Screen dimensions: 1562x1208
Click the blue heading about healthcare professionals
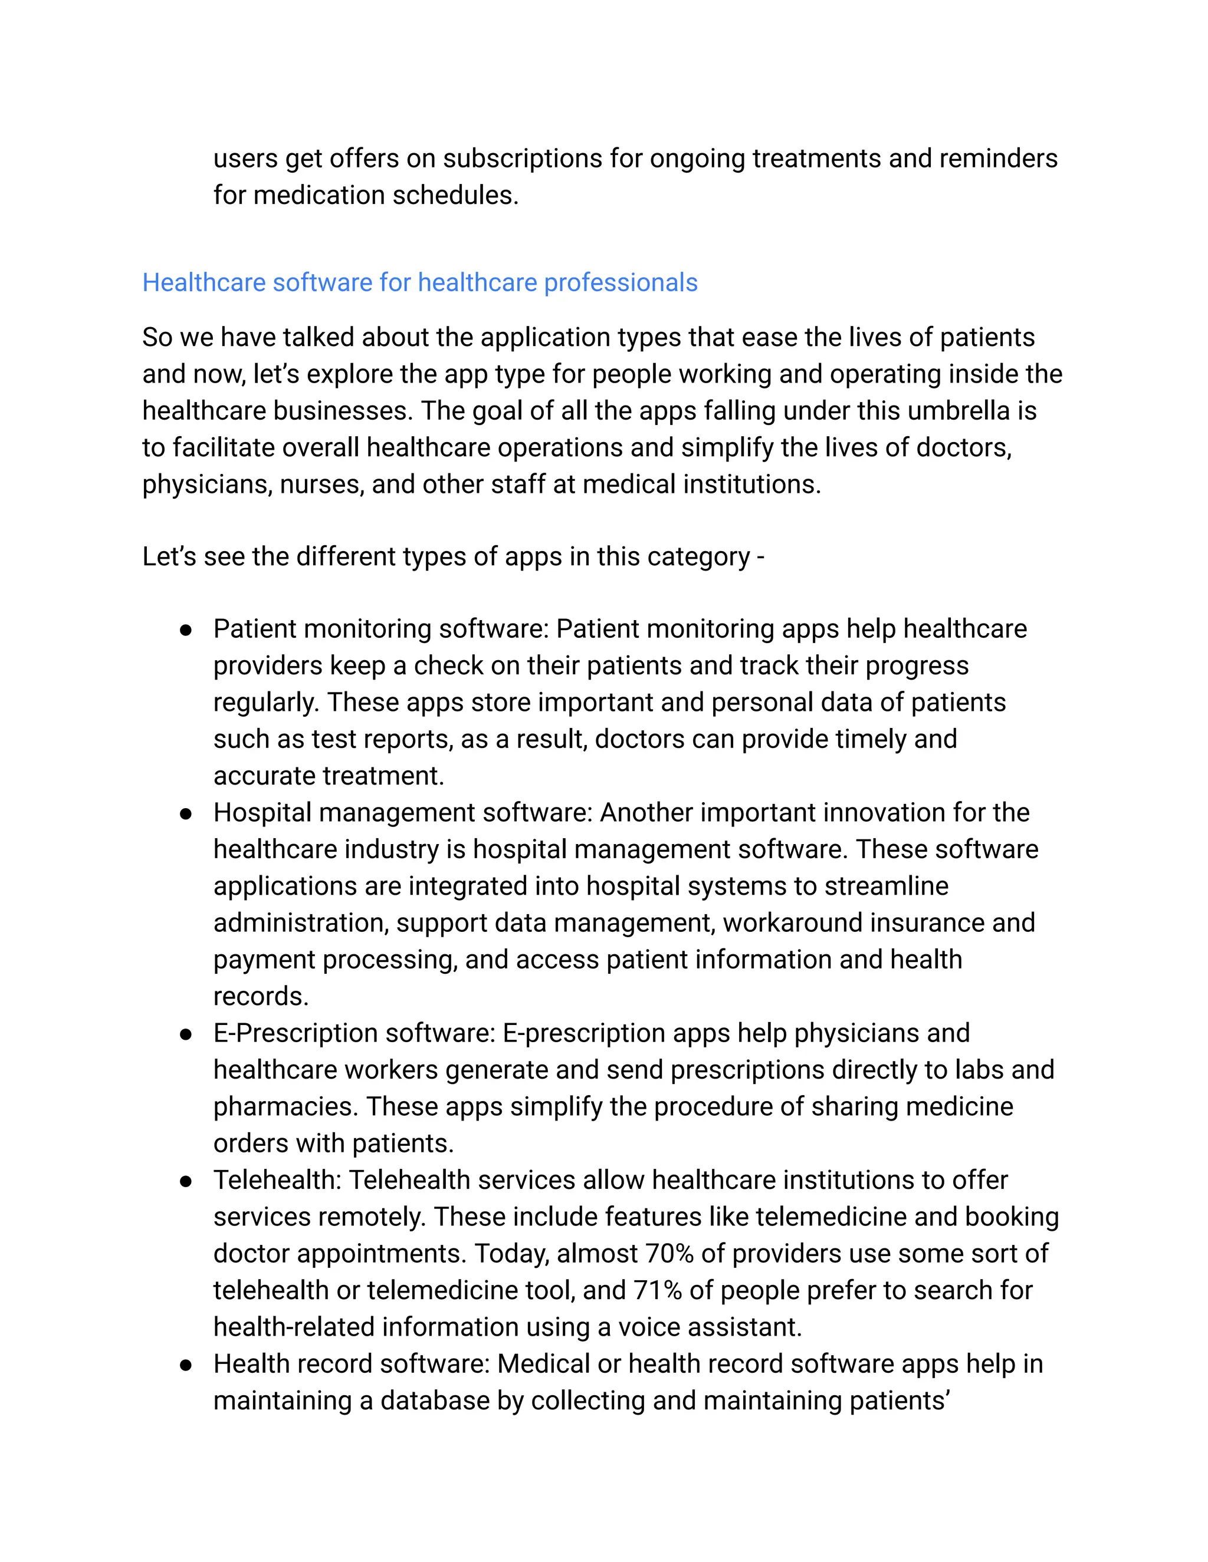(419, 282)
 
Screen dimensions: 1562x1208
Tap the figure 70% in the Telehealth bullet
(669, 1253)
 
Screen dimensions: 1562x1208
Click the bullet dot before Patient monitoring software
(186, 630)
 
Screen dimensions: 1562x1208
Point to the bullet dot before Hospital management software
(186, 813)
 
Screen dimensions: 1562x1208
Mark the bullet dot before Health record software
(186, 1364)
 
